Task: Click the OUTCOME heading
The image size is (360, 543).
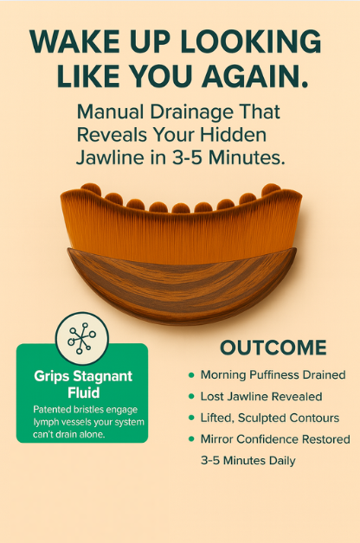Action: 273,348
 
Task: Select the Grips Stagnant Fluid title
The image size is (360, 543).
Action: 82,385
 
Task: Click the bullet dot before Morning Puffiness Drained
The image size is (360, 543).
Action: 191,375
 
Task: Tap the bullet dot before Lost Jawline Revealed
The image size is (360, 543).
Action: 191,397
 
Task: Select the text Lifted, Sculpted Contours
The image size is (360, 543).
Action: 268,418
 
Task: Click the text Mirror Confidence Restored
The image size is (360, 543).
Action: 275,440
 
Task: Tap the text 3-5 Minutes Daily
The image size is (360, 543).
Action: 248,461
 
